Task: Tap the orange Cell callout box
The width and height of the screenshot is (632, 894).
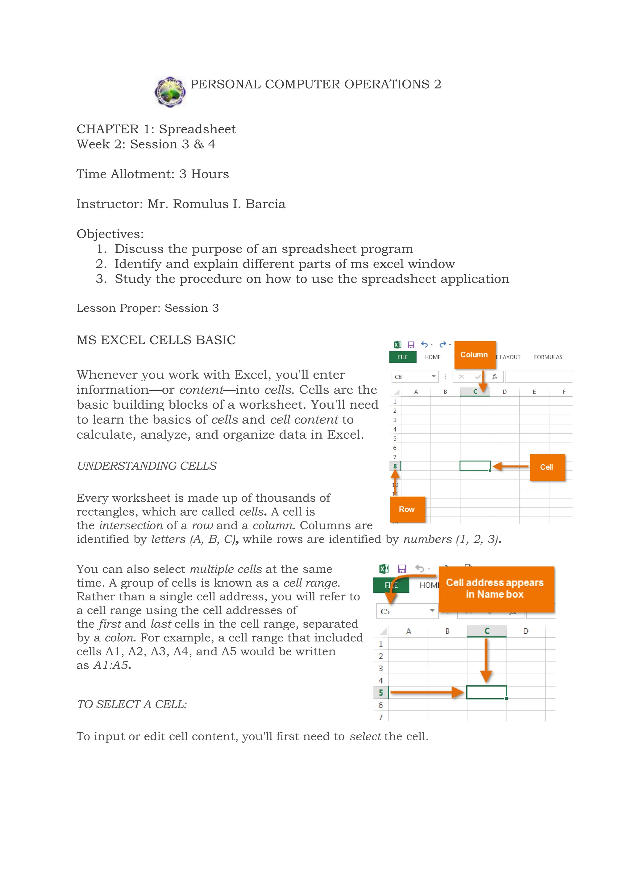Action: click(x=547, y=467)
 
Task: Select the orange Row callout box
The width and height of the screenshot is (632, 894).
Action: click(x=407, y=509)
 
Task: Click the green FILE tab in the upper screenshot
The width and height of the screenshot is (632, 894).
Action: click(x=403, y=357)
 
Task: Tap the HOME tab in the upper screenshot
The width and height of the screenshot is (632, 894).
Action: click(x=432, y=357)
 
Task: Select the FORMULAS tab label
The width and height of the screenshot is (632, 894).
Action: click(x=548, y=357)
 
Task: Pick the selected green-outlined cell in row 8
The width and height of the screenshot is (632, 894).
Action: click(x=475, y=466)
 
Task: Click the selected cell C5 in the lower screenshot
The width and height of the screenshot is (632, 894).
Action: click(x=486, y=692)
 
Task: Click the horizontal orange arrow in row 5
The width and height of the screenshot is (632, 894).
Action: click(x=426, y=692)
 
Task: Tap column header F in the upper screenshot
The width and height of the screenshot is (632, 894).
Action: click(x=563, y=392)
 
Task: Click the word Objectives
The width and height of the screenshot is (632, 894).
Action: click(x=110, y=234)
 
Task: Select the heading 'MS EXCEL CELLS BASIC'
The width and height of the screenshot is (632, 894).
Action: click(x=156, y=340)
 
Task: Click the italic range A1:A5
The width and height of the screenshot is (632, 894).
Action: click(x=111, y=666)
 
